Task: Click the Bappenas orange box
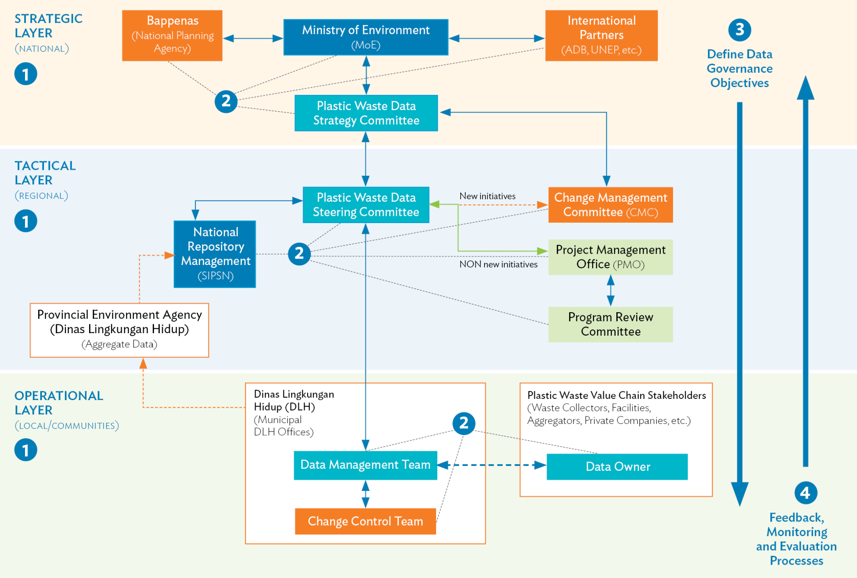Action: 172,36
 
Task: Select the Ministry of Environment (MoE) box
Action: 366,37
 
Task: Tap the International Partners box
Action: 601,36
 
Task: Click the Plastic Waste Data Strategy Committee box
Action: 366,113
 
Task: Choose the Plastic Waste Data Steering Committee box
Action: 366,205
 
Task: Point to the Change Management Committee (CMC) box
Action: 610,205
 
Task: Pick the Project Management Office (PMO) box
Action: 610,257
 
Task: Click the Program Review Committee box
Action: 610,324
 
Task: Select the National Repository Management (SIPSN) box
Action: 215,254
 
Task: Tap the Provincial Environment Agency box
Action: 119,330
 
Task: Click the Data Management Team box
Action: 365,465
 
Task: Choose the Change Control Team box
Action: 365,521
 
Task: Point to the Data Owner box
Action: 617,467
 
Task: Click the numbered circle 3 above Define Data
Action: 739,30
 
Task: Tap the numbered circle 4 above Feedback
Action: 806,493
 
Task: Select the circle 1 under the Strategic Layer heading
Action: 26,74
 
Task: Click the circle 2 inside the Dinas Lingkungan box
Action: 464,423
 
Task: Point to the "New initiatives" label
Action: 487,196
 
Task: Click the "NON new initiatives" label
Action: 498,264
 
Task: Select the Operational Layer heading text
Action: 59,403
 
